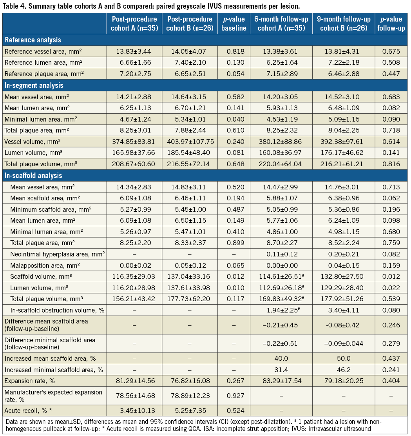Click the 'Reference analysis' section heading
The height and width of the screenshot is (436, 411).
[x=33, y=40]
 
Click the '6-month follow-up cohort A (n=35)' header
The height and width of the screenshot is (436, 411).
[x=281, y=24]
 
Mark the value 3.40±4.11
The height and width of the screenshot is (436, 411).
[x=344, y=311]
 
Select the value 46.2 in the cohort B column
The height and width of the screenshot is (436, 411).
[x=344, y=370]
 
